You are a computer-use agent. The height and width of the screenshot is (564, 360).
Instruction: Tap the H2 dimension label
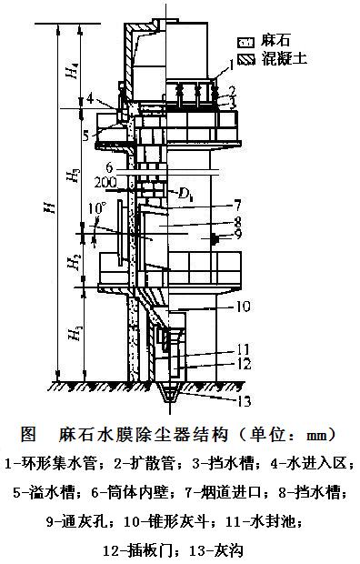pyautogui.click(x=75, y=261)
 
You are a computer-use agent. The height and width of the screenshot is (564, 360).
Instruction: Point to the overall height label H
pyautogui.click(x=52, y=207)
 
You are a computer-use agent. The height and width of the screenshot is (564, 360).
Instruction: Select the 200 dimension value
pyautogui.click(x=105, y=183)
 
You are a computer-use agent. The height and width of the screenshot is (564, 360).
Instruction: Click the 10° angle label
pyautogui.click(x=98, y=208)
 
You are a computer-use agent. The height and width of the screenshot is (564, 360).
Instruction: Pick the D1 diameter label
pyautogui.click(x=185, y=196)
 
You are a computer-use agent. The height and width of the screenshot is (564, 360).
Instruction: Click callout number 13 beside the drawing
pyautogui.click(x=243, y=400)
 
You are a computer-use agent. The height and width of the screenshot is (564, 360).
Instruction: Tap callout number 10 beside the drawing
pyautogui.click(x=243, y=307)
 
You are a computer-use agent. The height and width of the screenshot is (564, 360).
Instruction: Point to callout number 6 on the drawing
pyautogui.click(x=109, y=167)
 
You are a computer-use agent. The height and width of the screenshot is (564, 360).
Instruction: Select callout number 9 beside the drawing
pyautogui.click(x=238, y=234)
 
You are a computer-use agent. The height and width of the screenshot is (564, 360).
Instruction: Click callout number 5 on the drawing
pyautogui.click(x=85, y=136)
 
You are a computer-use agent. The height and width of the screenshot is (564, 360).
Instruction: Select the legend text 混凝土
pyautogui.click(x=285, y=58)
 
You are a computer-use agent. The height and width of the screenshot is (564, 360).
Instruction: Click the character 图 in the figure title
pyautogui.click(x=28, y=434)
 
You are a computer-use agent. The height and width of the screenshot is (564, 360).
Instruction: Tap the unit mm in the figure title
pyautogui.click(x=316, y=436)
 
